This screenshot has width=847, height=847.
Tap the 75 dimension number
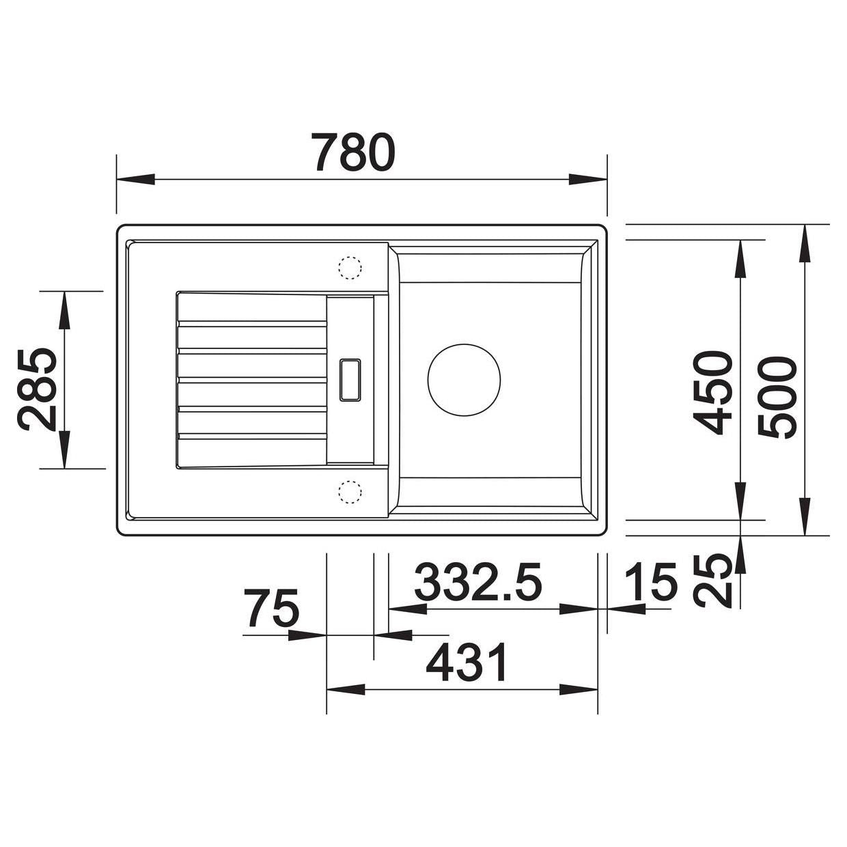pos(271,609)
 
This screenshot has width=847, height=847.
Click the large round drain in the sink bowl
pos(464,380)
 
